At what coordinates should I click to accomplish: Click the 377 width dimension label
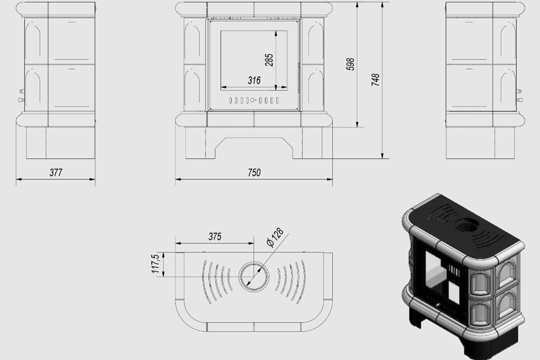[x=56, y=172]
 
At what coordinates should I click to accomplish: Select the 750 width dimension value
[x=254, y=172]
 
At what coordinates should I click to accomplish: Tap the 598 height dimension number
[x=350, y=64]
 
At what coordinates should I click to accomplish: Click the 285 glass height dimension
[x=269, y=60]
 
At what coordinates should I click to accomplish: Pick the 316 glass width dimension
[x=254, y=80]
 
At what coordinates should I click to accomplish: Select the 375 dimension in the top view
[x=215, y=237]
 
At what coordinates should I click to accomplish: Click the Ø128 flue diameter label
[x=275, y=237]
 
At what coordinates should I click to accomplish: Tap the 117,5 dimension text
[x=156, y=264]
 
